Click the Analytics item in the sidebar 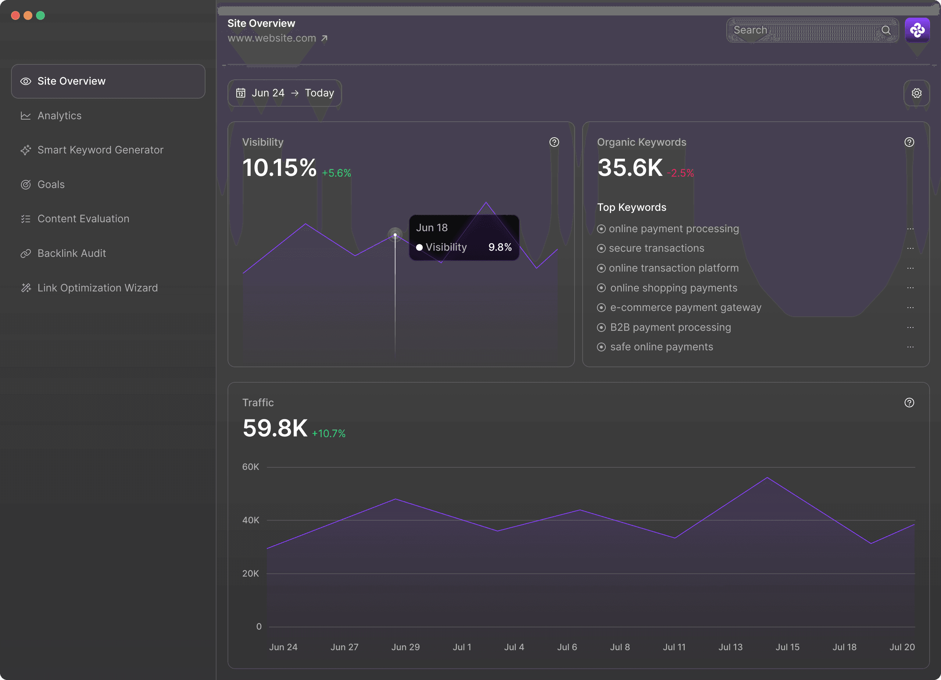pos(59,116)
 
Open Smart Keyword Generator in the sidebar pos(100,150)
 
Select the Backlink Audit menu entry pos(71,254)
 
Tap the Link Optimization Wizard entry pos(97,288)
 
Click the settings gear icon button pos(916,93)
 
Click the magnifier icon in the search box pos(885,30)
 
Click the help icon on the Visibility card pos(554,142)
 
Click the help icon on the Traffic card pos(909,403)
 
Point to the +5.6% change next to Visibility pos(336,173)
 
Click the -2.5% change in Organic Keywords pos(680,173)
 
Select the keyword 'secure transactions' pos(656,248)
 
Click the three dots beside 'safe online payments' pos(910,347)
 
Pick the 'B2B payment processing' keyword pos(670,327)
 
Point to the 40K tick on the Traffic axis pos(251,520)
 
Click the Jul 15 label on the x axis pos(787,647)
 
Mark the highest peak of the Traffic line pos(767,478)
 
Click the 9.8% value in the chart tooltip pos(500,247)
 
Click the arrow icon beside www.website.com pos(325,38)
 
